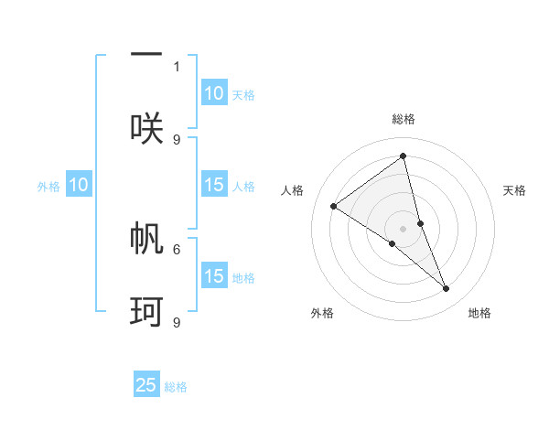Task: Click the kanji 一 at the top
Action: tap(146, 54)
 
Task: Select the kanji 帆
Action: tap(146, 237)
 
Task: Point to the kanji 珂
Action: tap(146, 311)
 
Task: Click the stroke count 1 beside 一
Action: tap(177, 66)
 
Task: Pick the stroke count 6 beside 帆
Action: tap(177, 248)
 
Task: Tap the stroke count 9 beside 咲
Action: tap(177, 139)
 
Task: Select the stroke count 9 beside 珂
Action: tap(177, 322)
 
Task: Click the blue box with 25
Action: tap(146, 385)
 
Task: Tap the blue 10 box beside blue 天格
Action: tap(214, 93)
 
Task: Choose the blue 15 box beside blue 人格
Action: tap(214, 186)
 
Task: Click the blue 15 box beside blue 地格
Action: tap(214, 277)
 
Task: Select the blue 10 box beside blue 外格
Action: tap(79, 186)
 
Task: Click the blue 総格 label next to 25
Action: tap(177, 387)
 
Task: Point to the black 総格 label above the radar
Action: tap(404, 119)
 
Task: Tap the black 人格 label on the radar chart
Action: tap(293, 190)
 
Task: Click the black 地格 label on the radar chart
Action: tap(479, 313)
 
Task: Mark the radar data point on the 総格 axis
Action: tap(404, 156)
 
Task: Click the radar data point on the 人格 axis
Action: tap(334, 206)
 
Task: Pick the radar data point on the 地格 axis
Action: tap(447, 288)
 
